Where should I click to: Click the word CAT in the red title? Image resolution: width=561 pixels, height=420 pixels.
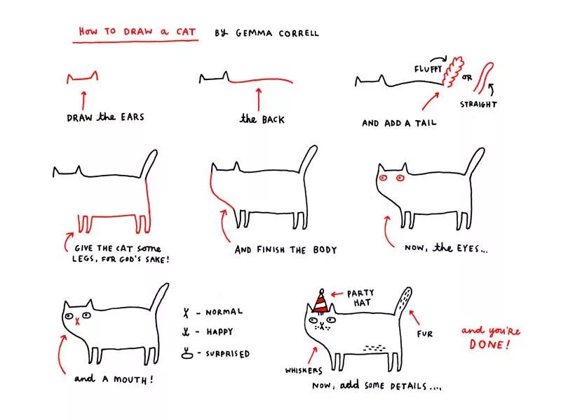(x=186, y=32)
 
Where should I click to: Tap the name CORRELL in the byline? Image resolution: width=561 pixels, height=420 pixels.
(x=299, y=33)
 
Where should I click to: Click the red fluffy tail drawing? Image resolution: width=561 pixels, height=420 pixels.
(x=452, y=71)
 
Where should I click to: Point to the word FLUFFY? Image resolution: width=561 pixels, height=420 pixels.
(x=428, y=69)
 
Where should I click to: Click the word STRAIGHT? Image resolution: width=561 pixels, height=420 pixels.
(x=478, y=105)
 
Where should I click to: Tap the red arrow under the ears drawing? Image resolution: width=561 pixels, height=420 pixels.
(x=83, y=100)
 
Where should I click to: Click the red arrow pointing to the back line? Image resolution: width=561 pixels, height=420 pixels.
(x=259, y=100)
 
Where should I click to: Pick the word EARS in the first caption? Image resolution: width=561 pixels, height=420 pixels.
(x=133, y=117)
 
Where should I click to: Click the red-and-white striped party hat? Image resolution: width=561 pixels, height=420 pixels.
(x=320, y=302)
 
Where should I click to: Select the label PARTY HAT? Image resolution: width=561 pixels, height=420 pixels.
(x=360, y=298)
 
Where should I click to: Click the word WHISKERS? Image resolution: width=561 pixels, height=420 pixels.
(x=304, y=371)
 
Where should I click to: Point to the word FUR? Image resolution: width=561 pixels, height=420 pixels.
(x=425, y=334)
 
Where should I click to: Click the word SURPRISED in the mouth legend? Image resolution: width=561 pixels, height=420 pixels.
(x=227, y=354)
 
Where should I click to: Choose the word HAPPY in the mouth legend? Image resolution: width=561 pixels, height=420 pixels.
(x=219, y=332)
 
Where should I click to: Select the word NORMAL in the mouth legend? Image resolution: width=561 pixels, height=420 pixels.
(x=224, y=312)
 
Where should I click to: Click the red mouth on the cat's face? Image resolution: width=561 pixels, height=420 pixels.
(x=77, y=322)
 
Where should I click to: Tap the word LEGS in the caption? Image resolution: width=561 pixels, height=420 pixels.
(x=83, y=258)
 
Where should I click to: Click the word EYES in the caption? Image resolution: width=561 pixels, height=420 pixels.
(x=468, y=248)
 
